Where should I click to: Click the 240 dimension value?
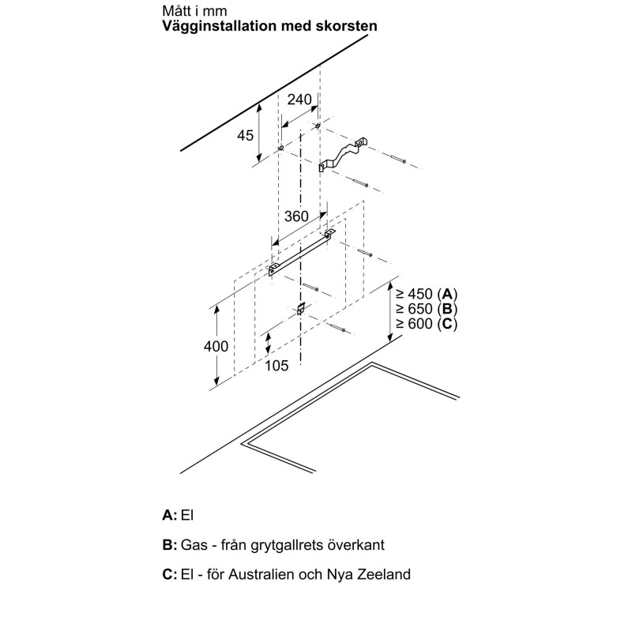pos(299,100)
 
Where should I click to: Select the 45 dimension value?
pos(245,135)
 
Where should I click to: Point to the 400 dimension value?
pos(215,346)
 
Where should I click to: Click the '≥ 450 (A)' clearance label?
pos(427,292)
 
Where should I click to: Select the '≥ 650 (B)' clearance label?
pos(427,308)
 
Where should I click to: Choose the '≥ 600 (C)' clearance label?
pos(427,324)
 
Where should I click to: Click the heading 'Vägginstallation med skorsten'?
pos(269,26)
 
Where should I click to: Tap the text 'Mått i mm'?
pos(188,11)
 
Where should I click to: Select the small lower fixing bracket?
pos(301,309)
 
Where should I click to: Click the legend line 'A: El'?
pos(178,515)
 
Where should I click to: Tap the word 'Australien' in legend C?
pos(276,574)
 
